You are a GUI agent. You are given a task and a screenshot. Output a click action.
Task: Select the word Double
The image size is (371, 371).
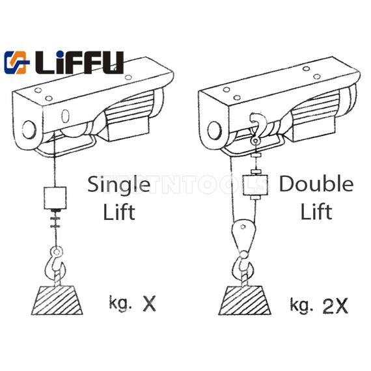[x=316, y=185]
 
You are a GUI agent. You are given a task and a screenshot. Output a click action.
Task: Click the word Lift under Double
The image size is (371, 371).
[x=317, y=211]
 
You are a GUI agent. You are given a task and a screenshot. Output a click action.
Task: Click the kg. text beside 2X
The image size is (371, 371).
[x=300, y=303]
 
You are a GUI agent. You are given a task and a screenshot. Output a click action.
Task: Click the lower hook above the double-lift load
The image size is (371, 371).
[x=243, y=266]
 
